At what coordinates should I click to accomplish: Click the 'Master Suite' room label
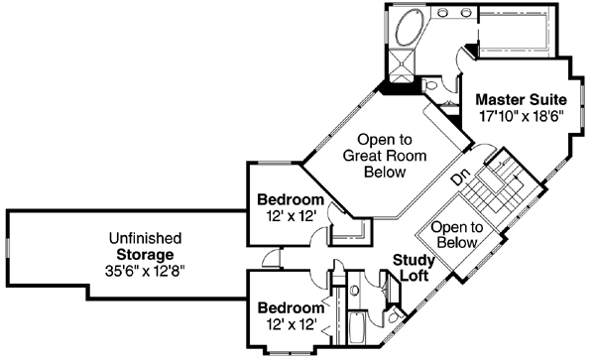click(x=521, y=99)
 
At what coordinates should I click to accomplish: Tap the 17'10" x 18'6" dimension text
click(x=521, y=116)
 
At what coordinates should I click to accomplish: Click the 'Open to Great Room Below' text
click(x=374, y=156)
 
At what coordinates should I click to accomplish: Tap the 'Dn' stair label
click(x=459, y=180)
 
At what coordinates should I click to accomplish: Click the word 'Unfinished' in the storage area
click(x=145, y=238)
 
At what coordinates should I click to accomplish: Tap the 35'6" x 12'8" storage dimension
click(x=145, y=270)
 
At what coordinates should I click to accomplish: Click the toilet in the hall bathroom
click(x=395, y=317)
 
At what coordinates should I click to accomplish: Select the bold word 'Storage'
click(x=145, y=254)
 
